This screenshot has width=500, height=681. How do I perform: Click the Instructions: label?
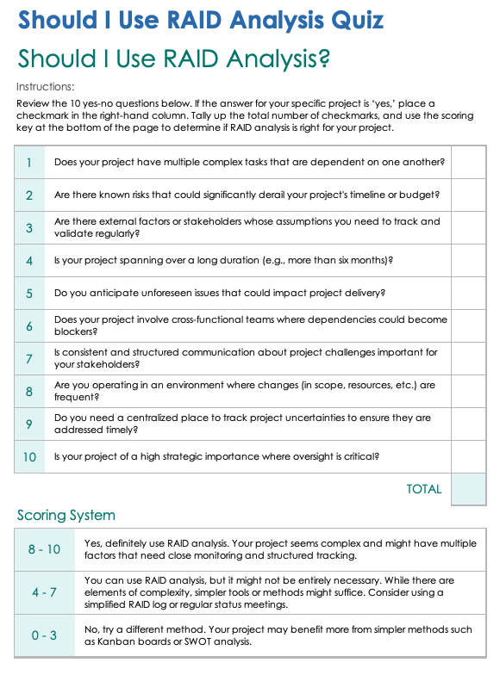(x=45, y=86)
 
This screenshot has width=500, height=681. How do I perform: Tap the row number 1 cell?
(x=29, y=162)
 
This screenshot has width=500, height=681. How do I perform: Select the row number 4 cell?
(x=29, y=260)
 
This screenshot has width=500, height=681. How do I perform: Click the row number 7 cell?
(x=29, y=358)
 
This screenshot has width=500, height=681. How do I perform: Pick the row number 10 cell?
(x=29, y=456)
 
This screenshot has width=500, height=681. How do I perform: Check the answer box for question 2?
(x=468, y=195)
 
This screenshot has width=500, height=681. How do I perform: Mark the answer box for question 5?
(x=468, y=293)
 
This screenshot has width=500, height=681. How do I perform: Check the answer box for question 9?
(x=468, y=424)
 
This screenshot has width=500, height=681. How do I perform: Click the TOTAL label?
(x=423, y=489)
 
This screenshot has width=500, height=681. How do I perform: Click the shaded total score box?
(x=468, y=489)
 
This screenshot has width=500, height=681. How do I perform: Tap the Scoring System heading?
(x=66, y=516)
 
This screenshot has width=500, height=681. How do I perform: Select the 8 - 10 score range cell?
(x=45, y=549)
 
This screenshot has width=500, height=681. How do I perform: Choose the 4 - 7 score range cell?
(x=45, y=592)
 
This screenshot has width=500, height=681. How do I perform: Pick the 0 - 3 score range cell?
(x=45, y=635)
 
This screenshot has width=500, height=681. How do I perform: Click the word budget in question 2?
(x=422, y=195)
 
